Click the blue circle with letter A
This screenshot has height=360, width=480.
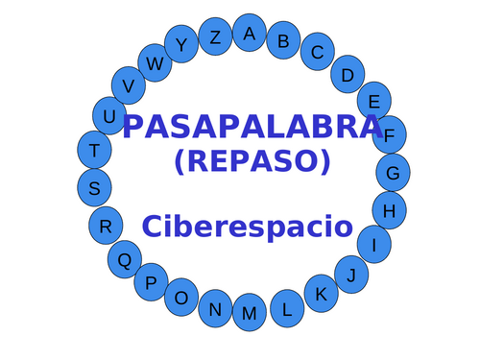coord(250,33)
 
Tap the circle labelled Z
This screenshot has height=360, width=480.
coord(215,37)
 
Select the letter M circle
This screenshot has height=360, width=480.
coord(250,313)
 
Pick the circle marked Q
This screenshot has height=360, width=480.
coord(124,259)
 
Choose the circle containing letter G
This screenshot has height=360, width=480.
coord(393,173)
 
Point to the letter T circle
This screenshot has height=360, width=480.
coord(94,150)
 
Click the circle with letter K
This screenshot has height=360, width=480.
coord(322,294)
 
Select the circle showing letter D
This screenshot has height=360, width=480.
coord(348,74)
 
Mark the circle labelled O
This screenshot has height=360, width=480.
coord(181,298)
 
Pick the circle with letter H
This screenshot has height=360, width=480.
coord(389,209)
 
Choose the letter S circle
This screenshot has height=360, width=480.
coord(94,188)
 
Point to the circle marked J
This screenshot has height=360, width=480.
coord(352,276)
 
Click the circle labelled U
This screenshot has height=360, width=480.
coord(109,116)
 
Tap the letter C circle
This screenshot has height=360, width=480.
coord(317,53)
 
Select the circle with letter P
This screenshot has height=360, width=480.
coord(151,282)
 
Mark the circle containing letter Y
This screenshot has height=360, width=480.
coord(181,43)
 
